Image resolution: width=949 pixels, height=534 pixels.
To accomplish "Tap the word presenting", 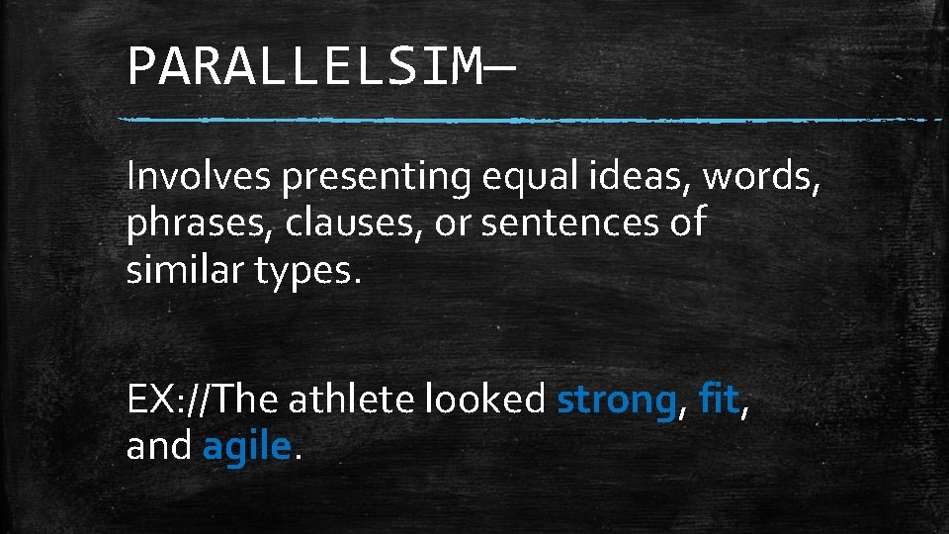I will (x=377, y=178).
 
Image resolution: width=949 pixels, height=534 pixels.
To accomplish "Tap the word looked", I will (x=485, y=400).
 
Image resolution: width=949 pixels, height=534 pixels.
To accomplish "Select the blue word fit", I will (x=717, y=400).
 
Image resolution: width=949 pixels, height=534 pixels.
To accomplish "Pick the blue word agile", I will (x=247, y=448).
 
